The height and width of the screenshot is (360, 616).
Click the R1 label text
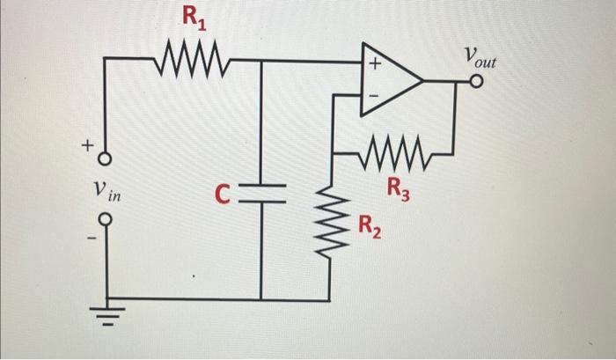pyautogui.click(x=194, y=16)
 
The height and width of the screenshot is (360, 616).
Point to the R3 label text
pyautogui.click(x=398, y=187)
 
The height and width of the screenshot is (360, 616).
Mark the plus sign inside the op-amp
pyautogui.click(x=374, y=65)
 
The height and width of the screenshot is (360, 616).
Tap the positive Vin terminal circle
pyautogui.click(x=105, y=159)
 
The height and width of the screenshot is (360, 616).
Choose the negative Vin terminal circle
pyautogui.click(x=105, y=220)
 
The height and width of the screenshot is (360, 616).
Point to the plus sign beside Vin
pyautogui.click(x=87, y=146)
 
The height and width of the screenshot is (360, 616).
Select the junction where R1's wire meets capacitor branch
pyautogui.click(x=261, y=62)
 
